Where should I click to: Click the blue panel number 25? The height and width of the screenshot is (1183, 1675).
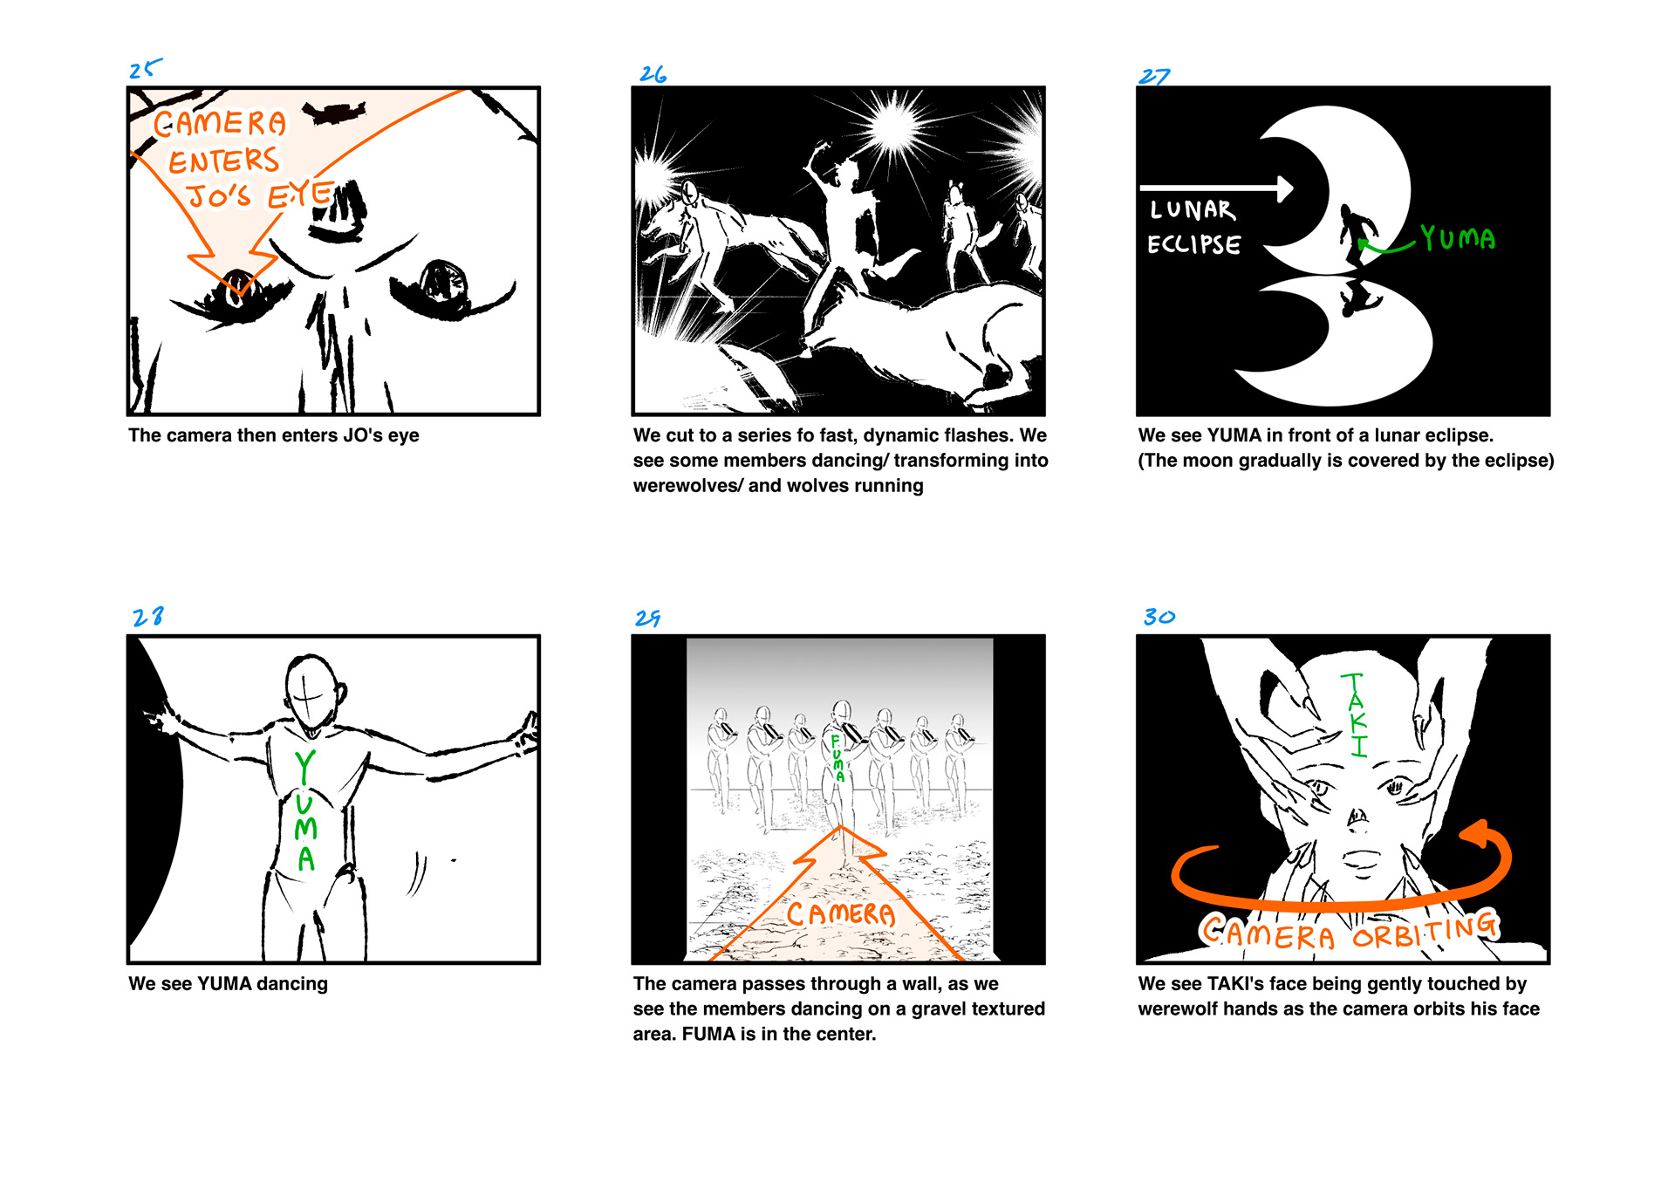[x=145, y=69]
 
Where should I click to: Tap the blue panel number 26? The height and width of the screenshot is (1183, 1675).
[x=653, y=74]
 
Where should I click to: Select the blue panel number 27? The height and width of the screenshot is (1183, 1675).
[x=1153, y=77]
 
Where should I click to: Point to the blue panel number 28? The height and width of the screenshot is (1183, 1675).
[x=147, y=617]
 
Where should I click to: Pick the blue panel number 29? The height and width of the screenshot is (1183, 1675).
[x=647, y=619]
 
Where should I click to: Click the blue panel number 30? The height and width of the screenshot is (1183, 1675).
[x=1159, y=617]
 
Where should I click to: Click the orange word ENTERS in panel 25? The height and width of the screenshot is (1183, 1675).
[x=224, y=161]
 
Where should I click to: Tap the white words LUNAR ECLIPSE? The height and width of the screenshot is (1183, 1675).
[x=1193, y=227]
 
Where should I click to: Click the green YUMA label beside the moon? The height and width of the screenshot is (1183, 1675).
[x=1458, y=237]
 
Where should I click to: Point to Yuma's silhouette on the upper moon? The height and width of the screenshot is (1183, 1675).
[x=1357, y=236]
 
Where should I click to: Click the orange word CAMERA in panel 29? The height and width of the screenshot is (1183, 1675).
[x=841, y=913]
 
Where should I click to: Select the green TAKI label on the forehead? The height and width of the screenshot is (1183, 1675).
[x=1355, y=715]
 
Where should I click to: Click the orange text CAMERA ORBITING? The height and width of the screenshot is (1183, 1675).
[x=1350, y=930]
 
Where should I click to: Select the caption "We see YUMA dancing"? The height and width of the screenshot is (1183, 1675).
[x=229, y=984]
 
